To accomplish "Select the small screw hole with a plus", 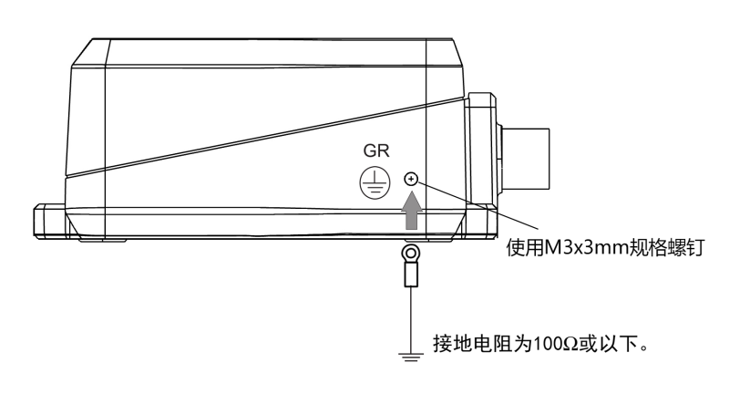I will (x=411, y=179).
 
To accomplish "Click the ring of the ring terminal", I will (x=411, y=253).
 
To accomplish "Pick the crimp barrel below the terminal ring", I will (x=411, y=275).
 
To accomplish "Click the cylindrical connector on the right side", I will (x=527, y=161).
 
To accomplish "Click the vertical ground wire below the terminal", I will (x=411, y=315).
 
